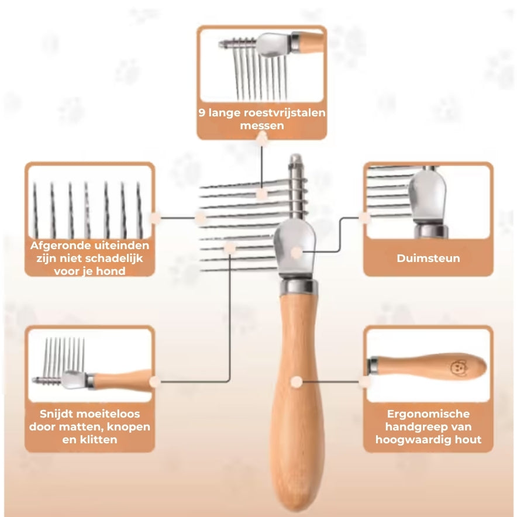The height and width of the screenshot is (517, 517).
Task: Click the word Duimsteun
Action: tap(428, 258)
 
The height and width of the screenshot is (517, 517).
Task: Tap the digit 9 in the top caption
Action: tap(202, 113)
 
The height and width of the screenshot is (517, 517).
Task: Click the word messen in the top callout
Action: tap(262, 126)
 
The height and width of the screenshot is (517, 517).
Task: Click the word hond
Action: tap(111, 271)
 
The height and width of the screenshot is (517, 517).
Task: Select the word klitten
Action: tap(98, 440)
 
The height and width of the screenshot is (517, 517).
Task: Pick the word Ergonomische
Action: tap(428, 414)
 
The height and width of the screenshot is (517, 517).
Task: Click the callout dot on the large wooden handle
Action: tap(297, 382)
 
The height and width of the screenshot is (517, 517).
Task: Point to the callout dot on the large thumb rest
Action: tap(297, 253)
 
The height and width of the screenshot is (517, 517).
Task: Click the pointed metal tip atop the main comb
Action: tap(295, 157)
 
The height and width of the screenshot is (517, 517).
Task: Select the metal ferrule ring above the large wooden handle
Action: tap(299, 286)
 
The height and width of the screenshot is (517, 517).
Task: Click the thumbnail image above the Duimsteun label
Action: tap(428, 202)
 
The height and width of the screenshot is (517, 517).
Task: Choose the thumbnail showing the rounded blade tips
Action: tap(89, 202)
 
